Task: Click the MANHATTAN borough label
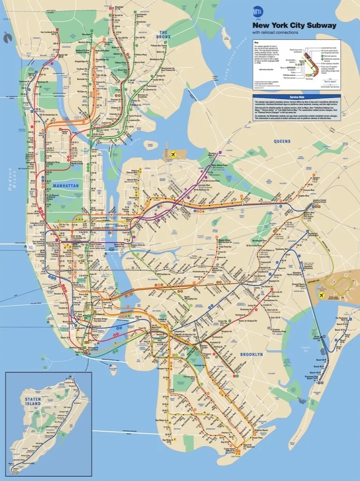[65, 186]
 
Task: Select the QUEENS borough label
[283, 141]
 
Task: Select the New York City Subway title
[294, 25]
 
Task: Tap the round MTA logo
[258, 12]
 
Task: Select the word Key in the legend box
[256, 43]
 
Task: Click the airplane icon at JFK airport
[322, 295]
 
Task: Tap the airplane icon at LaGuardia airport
[174, 154]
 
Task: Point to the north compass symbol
[7, 38]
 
